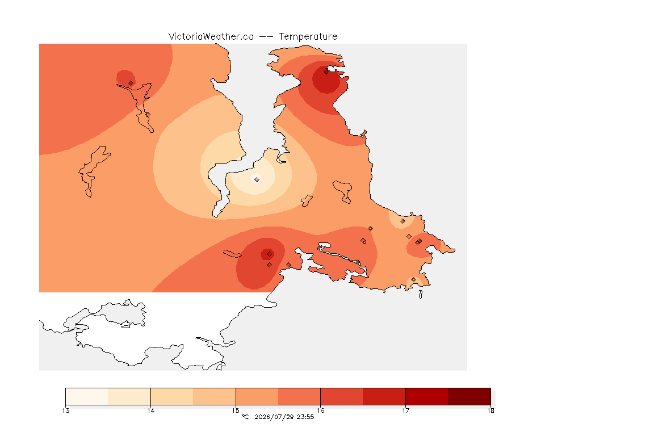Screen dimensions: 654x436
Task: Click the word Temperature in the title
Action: [308, 37]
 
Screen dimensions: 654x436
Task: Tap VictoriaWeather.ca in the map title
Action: [211, 37]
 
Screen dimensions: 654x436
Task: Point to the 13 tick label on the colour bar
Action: [65, 410]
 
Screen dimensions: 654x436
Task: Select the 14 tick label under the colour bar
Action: [150, 410]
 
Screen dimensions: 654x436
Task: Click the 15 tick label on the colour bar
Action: [236, 410]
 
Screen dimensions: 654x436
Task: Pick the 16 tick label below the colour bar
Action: [320, 410]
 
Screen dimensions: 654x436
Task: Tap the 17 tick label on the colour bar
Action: [405, 410]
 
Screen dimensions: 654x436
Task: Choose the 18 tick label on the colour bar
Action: [491, 410]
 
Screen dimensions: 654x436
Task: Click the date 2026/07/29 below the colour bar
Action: [274, 417]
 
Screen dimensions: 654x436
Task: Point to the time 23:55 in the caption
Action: [305, 417]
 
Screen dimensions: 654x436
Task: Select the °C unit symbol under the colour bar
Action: [245, 417]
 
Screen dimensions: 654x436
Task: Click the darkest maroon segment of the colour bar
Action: [469, 396]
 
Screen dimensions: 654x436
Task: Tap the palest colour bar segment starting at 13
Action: [87, 396]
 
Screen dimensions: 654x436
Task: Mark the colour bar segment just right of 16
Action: [342, 396]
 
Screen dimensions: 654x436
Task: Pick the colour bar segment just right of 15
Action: [257, 396]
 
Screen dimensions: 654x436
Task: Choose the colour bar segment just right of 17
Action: [427, 396]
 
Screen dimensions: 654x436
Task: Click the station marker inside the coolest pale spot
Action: [257, 179]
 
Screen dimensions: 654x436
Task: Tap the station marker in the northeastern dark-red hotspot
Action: [326, 72]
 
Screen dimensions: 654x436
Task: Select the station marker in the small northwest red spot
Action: [131, 83]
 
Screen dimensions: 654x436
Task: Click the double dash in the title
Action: [266, 37]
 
